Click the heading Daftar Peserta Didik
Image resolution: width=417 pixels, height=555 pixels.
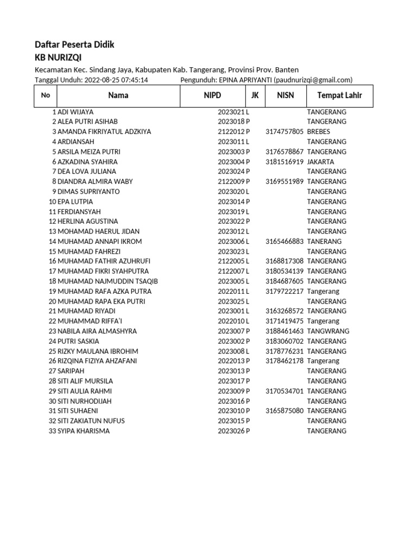point(74,44)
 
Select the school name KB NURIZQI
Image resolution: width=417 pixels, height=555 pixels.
point(58,57)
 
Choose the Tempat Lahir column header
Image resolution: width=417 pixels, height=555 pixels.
point(339,95)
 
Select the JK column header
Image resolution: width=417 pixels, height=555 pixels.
point(255,95)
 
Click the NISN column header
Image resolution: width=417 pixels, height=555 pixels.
point(285,95)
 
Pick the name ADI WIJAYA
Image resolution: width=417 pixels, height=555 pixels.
point(75,112)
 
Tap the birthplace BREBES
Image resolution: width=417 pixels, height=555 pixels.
point(318,132)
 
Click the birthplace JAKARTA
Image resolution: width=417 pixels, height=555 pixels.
point(320,162)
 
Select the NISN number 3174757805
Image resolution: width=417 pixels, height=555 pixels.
point(285,132)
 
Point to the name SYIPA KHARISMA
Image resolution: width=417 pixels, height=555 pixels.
point(84,431)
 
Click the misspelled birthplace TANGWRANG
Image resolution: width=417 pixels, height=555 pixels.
point(328,331)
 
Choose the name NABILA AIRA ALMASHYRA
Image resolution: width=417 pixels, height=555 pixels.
point(97,331)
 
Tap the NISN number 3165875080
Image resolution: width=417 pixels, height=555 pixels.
point(285,411)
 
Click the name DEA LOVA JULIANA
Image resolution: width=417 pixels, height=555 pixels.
point(87,171)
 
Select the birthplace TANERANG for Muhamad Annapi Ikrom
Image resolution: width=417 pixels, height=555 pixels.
point(324,241)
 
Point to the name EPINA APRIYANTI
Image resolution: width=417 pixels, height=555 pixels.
point(245,80)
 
